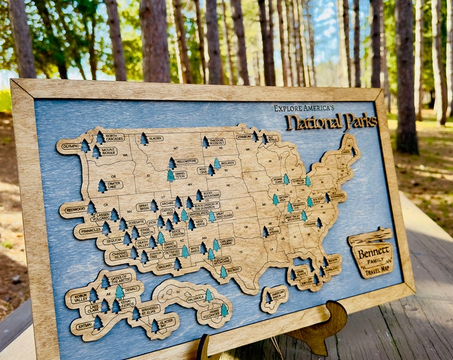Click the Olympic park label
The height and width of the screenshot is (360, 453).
[71, 145]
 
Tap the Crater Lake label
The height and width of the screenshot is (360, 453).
[114, 185]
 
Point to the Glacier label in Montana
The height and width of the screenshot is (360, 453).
[155, 139]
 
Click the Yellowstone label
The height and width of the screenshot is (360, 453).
[187, 161]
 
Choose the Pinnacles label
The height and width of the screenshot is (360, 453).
[90, 230]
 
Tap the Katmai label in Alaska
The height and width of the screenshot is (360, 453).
[84, 326]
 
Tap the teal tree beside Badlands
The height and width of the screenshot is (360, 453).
[217, 163]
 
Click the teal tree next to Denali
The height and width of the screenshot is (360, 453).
[120, 291]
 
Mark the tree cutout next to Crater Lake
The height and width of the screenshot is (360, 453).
[102, 186]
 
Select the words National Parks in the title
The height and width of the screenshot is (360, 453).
[331, 121]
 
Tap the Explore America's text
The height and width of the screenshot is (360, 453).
[304, 107]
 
